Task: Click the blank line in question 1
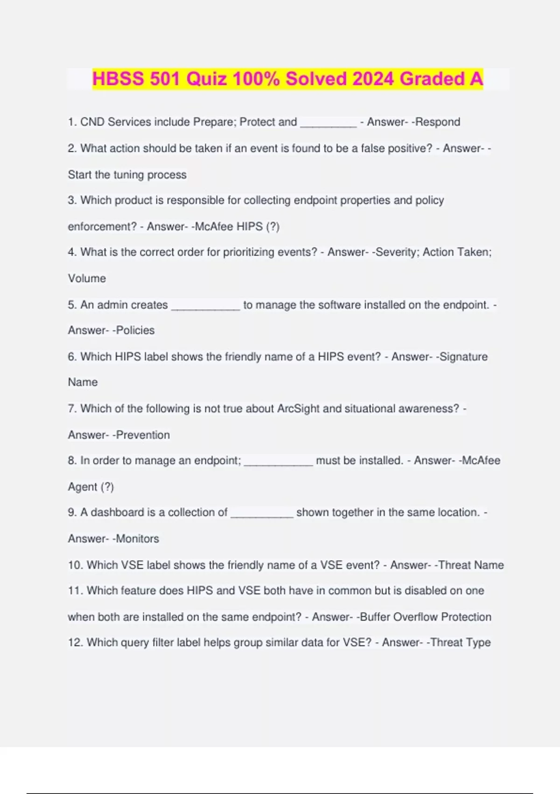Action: (x=329, y=123)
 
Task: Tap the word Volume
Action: (x=87, y=278)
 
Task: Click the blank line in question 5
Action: (x=205, y=306)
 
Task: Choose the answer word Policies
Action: (x=135, y=330)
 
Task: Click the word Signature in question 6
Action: (x=463, y=357)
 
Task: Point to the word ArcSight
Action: (x=298, y=409)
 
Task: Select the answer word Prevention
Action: (x=143, y=435)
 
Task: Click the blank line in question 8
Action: (x=278, y=461)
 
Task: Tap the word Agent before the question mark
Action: (x=82, y=487)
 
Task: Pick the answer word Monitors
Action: (x=137, y=539)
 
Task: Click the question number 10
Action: (x=75, y=565)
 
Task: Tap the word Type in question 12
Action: (x=478, y=643)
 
